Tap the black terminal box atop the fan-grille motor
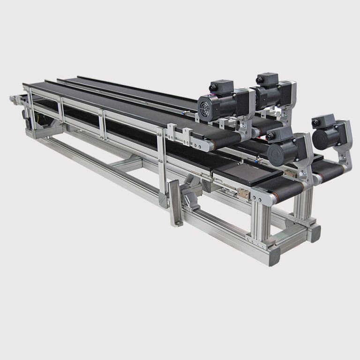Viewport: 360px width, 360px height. tap(221, 87)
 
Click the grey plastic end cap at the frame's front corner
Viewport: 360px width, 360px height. tap(272, 255)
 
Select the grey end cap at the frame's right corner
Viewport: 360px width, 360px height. tap(313, 232)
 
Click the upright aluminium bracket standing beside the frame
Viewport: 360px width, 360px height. tap(175, 202)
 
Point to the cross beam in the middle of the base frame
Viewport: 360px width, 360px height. tap(127, 164)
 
